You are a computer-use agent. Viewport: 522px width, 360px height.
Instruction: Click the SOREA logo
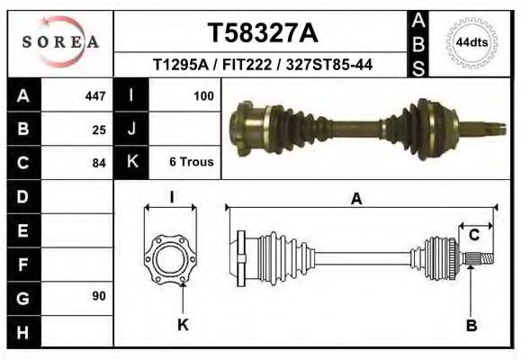(x=61, y=41)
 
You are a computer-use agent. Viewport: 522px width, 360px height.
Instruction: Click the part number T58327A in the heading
(x=262, y=32)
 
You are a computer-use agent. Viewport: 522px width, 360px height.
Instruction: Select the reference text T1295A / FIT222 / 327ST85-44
(x=263, y=65)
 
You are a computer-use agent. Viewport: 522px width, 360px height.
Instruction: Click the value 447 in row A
(x=94, y=95)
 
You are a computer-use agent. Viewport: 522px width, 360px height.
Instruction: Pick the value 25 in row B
(x=99, y=129)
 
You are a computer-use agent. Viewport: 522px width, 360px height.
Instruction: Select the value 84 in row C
(x=99, y=164)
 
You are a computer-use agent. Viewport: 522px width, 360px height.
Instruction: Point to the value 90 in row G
(x=99, y=296)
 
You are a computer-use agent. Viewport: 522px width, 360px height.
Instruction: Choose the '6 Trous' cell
(x=191, y=163)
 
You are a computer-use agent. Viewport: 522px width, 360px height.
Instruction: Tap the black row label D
(x=23, y=196)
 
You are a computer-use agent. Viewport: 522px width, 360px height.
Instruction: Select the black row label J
(x=131, y=129)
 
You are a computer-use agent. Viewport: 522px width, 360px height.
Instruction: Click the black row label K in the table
(x=131, y=163)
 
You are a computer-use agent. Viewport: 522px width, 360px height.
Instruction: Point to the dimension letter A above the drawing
(x=356, y=199)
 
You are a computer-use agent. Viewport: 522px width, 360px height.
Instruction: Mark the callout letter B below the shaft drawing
(x=471, y=325)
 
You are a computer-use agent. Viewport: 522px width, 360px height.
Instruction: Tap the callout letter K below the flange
(x=183, y=325)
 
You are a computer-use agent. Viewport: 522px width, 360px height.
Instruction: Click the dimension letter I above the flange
(x=171, y=197)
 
